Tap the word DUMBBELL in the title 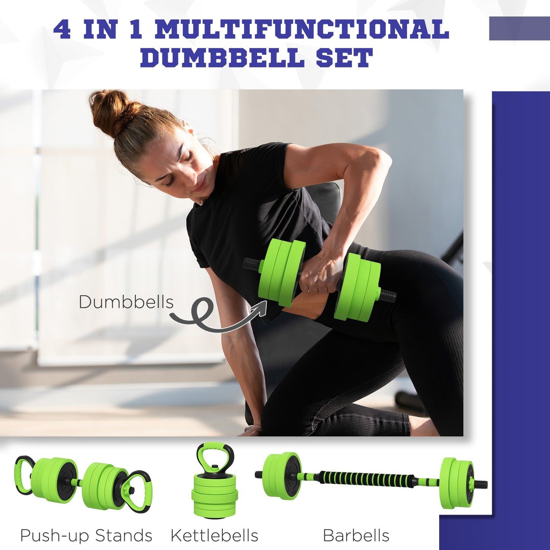[x=222, y=58]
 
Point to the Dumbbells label [x=126, y=302]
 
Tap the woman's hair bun [x=108, y=110]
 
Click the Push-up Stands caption [x=86, y=535]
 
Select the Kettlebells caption [x=214, y=535]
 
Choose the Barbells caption [x=356, y=535]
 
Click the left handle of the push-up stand [x=23, y=474]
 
